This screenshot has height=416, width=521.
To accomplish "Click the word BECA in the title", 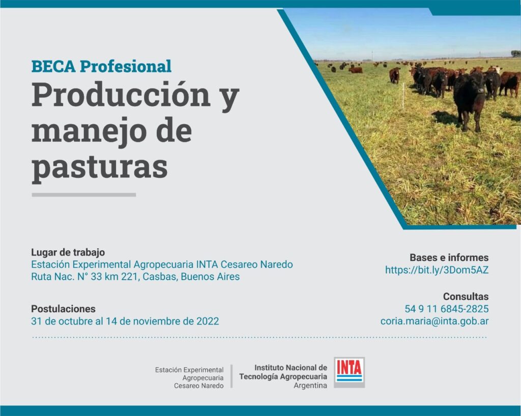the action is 53,67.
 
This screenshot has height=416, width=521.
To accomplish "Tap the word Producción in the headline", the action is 121,95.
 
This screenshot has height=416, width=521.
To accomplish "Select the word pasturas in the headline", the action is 100,167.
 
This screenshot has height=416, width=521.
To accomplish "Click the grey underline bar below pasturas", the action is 84,195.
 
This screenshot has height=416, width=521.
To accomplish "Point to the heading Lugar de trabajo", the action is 68,252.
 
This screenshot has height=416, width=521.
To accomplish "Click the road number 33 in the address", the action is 96,277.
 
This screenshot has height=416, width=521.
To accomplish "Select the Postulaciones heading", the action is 63,309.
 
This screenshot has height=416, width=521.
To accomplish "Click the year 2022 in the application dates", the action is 208,321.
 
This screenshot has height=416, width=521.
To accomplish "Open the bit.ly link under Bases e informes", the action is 437,270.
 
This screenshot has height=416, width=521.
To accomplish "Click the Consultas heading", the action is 466,296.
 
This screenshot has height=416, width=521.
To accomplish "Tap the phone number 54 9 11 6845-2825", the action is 446,309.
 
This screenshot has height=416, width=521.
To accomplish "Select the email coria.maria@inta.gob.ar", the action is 435,321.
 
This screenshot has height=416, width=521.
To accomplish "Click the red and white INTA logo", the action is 349,372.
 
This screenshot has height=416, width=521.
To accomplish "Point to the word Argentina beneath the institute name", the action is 310,386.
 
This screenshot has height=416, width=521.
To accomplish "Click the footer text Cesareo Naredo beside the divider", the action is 199,386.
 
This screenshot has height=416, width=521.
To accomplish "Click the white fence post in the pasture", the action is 403,96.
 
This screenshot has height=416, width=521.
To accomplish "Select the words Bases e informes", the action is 449,258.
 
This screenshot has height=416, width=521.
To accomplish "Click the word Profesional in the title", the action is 126,67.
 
